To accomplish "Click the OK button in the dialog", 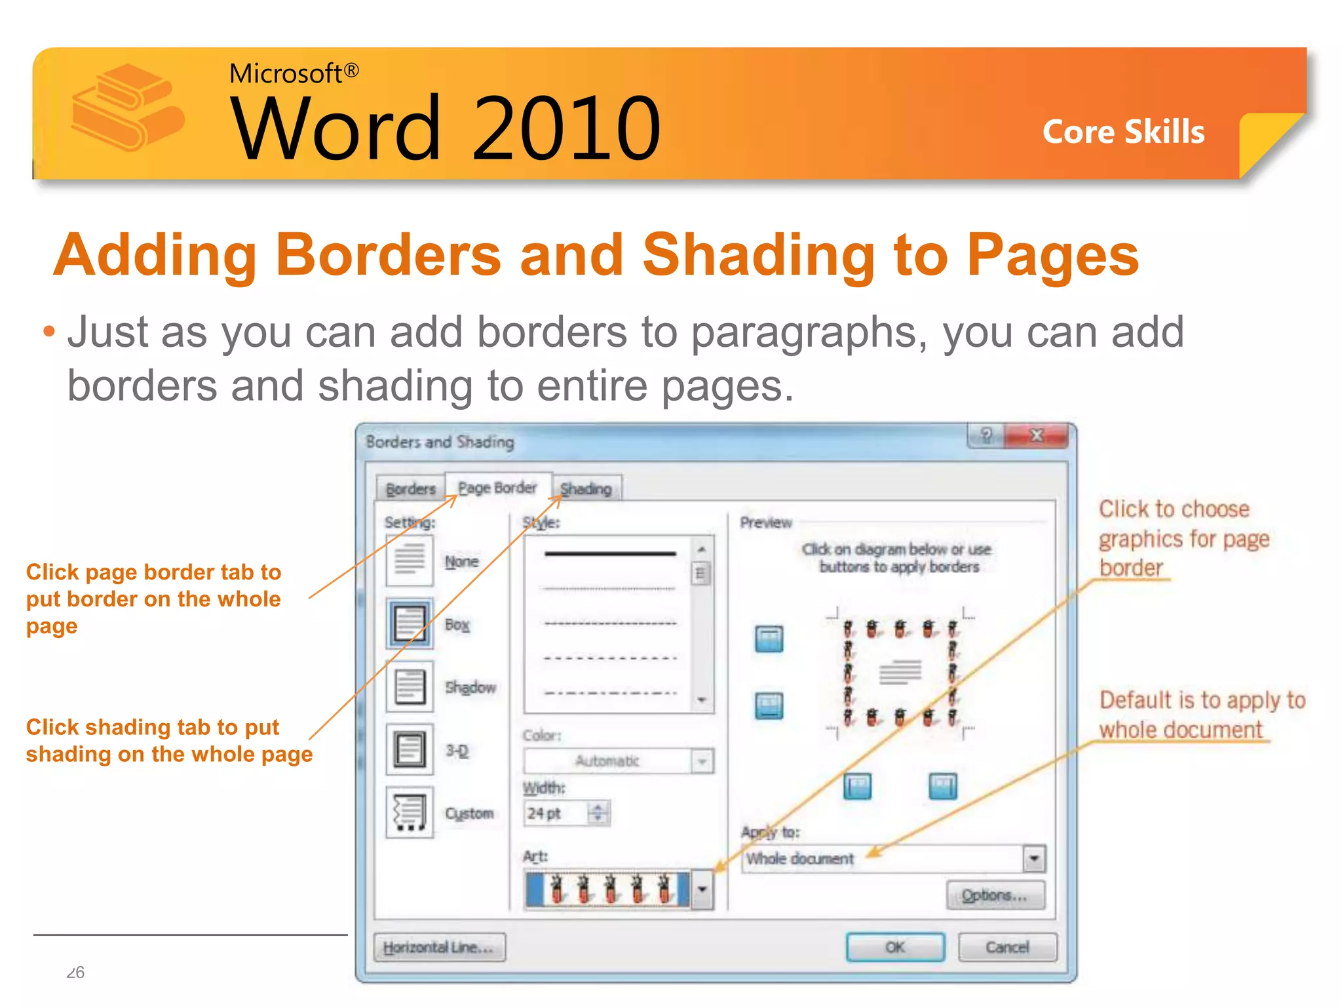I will [895, 947].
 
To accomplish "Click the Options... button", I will [995, 896].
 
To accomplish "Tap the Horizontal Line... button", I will [439, 947].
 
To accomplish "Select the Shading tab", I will [586, 489].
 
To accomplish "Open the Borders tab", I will [411, 489].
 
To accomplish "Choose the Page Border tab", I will [497, 488].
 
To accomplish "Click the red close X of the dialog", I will [1036, 436].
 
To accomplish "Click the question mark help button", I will [986, 436].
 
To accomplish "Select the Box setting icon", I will [410, 623].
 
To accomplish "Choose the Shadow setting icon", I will [410, 686].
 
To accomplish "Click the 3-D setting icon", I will [410, 749].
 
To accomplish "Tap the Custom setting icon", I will [410, 812].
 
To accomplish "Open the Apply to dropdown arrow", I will [1034, 859].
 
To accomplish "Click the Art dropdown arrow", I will [702, 890].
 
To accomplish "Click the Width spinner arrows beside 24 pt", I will [598, 813].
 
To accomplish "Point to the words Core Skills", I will [1123, 132].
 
